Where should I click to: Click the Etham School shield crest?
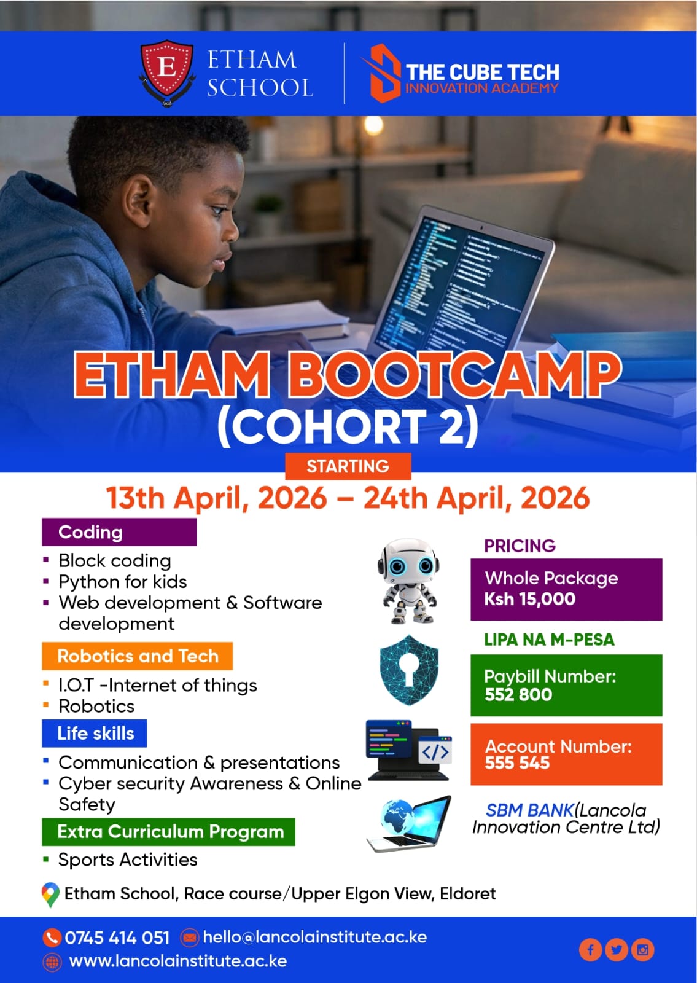[167, 73]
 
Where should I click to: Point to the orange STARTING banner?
[348, 466]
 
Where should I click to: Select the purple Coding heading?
[119, 532]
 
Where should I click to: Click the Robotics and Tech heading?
[138, 656]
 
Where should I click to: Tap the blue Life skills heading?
[95, 734]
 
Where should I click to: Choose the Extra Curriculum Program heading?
[168, 832]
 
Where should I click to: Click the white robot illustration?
[408, 581]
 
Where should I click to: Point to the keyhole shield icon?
[409, 670]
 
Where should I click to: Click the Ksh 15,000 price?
[529, 599]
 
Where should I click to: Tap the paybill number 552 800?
[518, 695]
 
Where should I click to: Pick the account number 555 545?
[517, 763]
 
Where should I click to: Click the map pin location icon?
[50, 895]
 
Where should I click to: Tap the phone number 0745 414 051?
[117, 938]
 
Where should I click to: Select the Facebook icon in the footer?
[590, 950]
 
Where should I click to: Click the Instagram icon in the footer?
[642, 950]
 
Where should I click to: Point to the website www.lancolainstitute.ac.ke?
[178, 961]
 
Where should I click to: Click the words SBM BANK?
[530, 810]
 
